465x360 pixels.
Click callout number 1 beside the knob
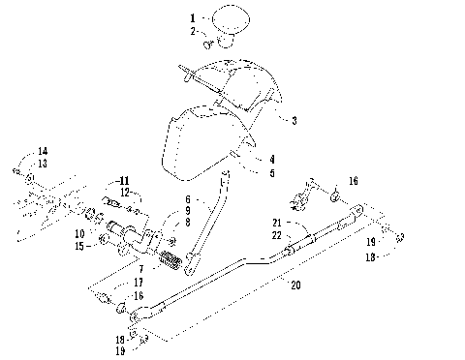click(192, 18)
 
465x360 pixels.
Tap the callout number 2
click(192, 32)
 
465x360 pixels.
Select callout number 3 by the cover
click(294, 120)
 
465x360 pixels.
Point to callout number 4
click(272, 159)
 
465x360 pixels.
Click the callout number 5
click(272, 173)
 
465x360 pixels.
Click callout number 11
click(124, 181)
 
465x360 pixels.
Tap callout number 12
click(124, 194)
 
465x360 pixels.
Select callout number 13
click(42, 164)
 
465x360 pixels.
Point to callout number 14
click(42, 151)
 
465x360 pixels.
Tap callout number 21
click(276, 222)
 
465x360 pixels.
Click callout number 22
click(276, 234)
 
